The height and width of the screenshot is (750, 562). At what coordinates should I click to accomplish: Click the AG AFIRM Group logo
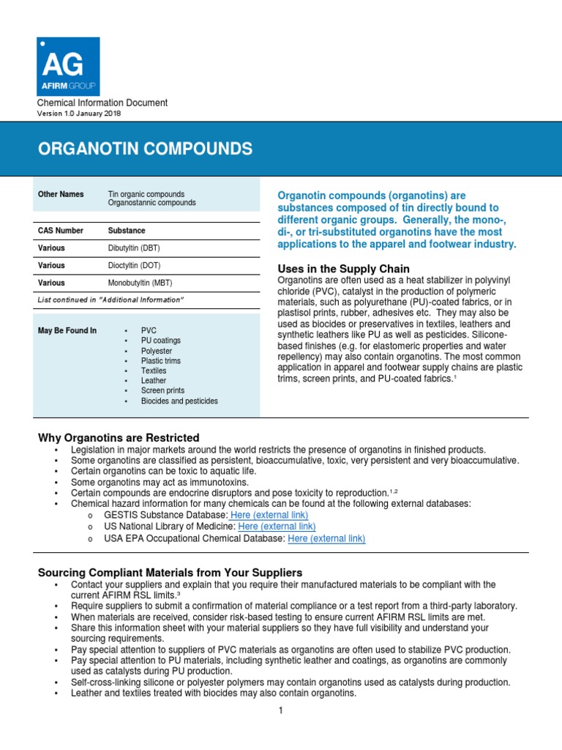pos(68,67)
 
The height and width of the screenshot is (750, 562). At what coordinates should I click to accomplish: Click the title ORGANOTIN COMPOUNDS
pos(145,149)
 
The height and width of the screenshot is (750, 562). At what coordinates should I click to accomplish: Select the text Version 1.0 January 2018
pos(79,114)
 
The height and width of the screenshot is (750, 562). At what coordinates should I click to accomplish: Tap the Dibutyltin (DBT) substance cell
pos(138,248)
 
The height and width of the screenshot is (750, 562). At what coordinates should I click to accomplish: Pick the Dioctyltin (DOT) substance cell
pos(138,265)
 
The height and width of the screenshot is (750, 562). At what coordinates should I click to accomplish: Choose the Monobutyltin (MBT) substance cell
pos(141,283)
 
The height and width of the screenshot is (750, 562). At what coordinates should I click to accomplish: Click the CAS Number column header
pos(61,230)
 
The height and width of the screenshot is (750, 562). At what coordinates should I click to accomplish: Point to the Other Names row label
pos(61,194)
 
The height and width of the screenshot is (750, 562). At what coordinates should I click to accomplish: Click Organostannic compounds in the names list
pos(151,203)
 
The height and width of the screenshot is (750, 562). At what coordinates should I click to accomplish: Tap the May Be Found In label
pos(67,331)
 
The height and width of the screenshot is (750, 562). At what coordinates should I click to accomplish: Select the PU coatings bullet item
pos(160,341)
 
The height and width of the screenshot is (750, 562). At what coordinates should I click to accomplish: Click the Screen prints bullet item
pos(162,390)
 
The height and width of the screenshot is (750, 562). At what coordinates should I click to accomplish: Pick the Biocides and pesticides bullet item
pos(179,401)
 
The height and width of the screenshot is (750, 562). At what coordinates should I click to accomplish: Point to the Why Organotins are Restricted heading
pos(119,437)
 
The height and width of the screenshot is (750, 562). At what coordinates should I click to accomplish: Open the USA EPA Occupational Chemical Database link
pos(326,538)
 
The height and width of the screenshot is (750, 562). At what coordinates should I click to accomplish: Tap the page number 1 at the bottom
pos(280,710)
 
